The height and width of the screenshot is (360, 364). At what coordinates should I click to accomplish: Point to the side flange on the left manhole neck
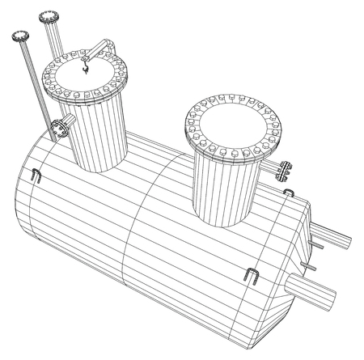tap(58, 126)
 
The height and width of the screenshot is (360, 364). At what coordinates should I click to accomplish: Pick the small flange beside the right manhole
tap(283, 170)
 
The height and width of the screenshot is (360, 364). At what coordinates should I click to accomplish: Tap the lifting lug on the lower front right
tap(250, 277)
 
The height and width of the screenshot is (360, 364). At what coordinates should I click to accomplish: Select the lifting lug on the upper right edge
tap(289, 192)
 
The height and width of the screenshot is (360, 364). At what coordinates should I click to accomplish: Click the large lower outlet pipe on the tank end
tap(316, 290)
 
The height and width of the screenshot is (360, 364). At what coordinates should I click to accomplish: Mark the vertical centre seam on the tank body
tap(137, 235)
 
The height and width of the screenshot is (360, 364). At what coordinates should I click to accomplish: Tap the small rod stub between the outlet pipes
tap(308, 266)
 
